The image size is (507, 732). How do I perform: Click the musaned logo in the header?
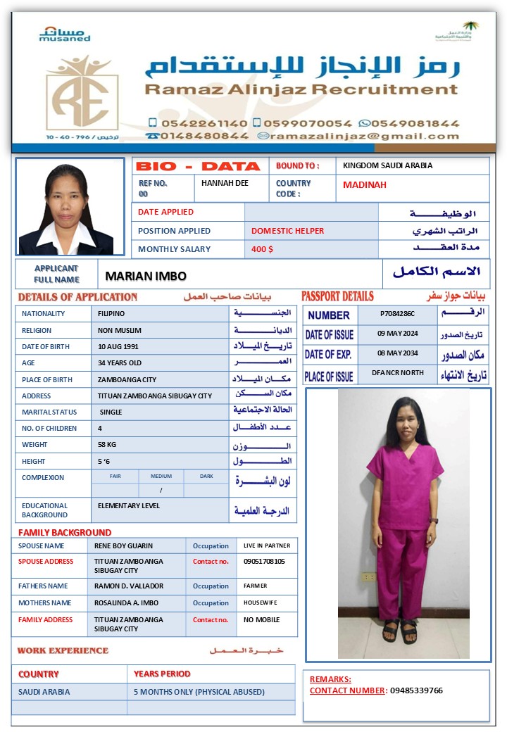[65, 34]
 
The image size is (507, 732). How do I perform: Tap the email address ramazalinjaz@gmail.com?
[365, 136]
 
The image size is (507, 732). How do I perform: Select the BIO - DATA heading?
[198, 167]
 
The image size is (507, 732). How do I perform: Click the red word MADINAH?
[365, 185]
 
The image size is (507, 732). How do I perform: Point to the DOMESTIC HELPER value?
[287, 231]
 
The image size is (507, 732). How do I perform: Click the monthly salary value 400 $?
[262, 249]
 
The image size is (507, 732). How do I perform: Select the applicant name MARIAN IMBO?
[146, 276]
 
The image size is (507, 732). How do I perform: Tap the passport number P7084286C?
[397, 314]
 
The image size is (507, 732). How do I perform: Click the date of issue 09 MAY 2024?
[398, 334]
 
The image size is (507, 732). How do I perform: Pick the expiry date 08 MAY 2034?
[398, 353]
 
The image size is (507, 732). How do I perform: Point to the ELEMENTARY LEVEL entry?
[128, 505]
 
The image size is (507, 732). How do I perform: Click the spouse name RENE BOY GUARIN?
[123, 545]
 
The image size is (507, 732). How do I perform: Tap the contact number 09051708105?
[264, 562]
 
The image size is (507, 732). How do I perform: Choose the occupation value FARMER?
[255, 586]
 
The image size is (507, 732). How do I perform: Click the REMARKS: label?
[330, 679]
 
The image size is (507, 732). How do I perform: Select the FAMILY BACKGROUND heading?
[65, 533]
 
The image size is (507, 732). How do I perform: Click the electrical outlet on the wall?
[369, 576]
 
